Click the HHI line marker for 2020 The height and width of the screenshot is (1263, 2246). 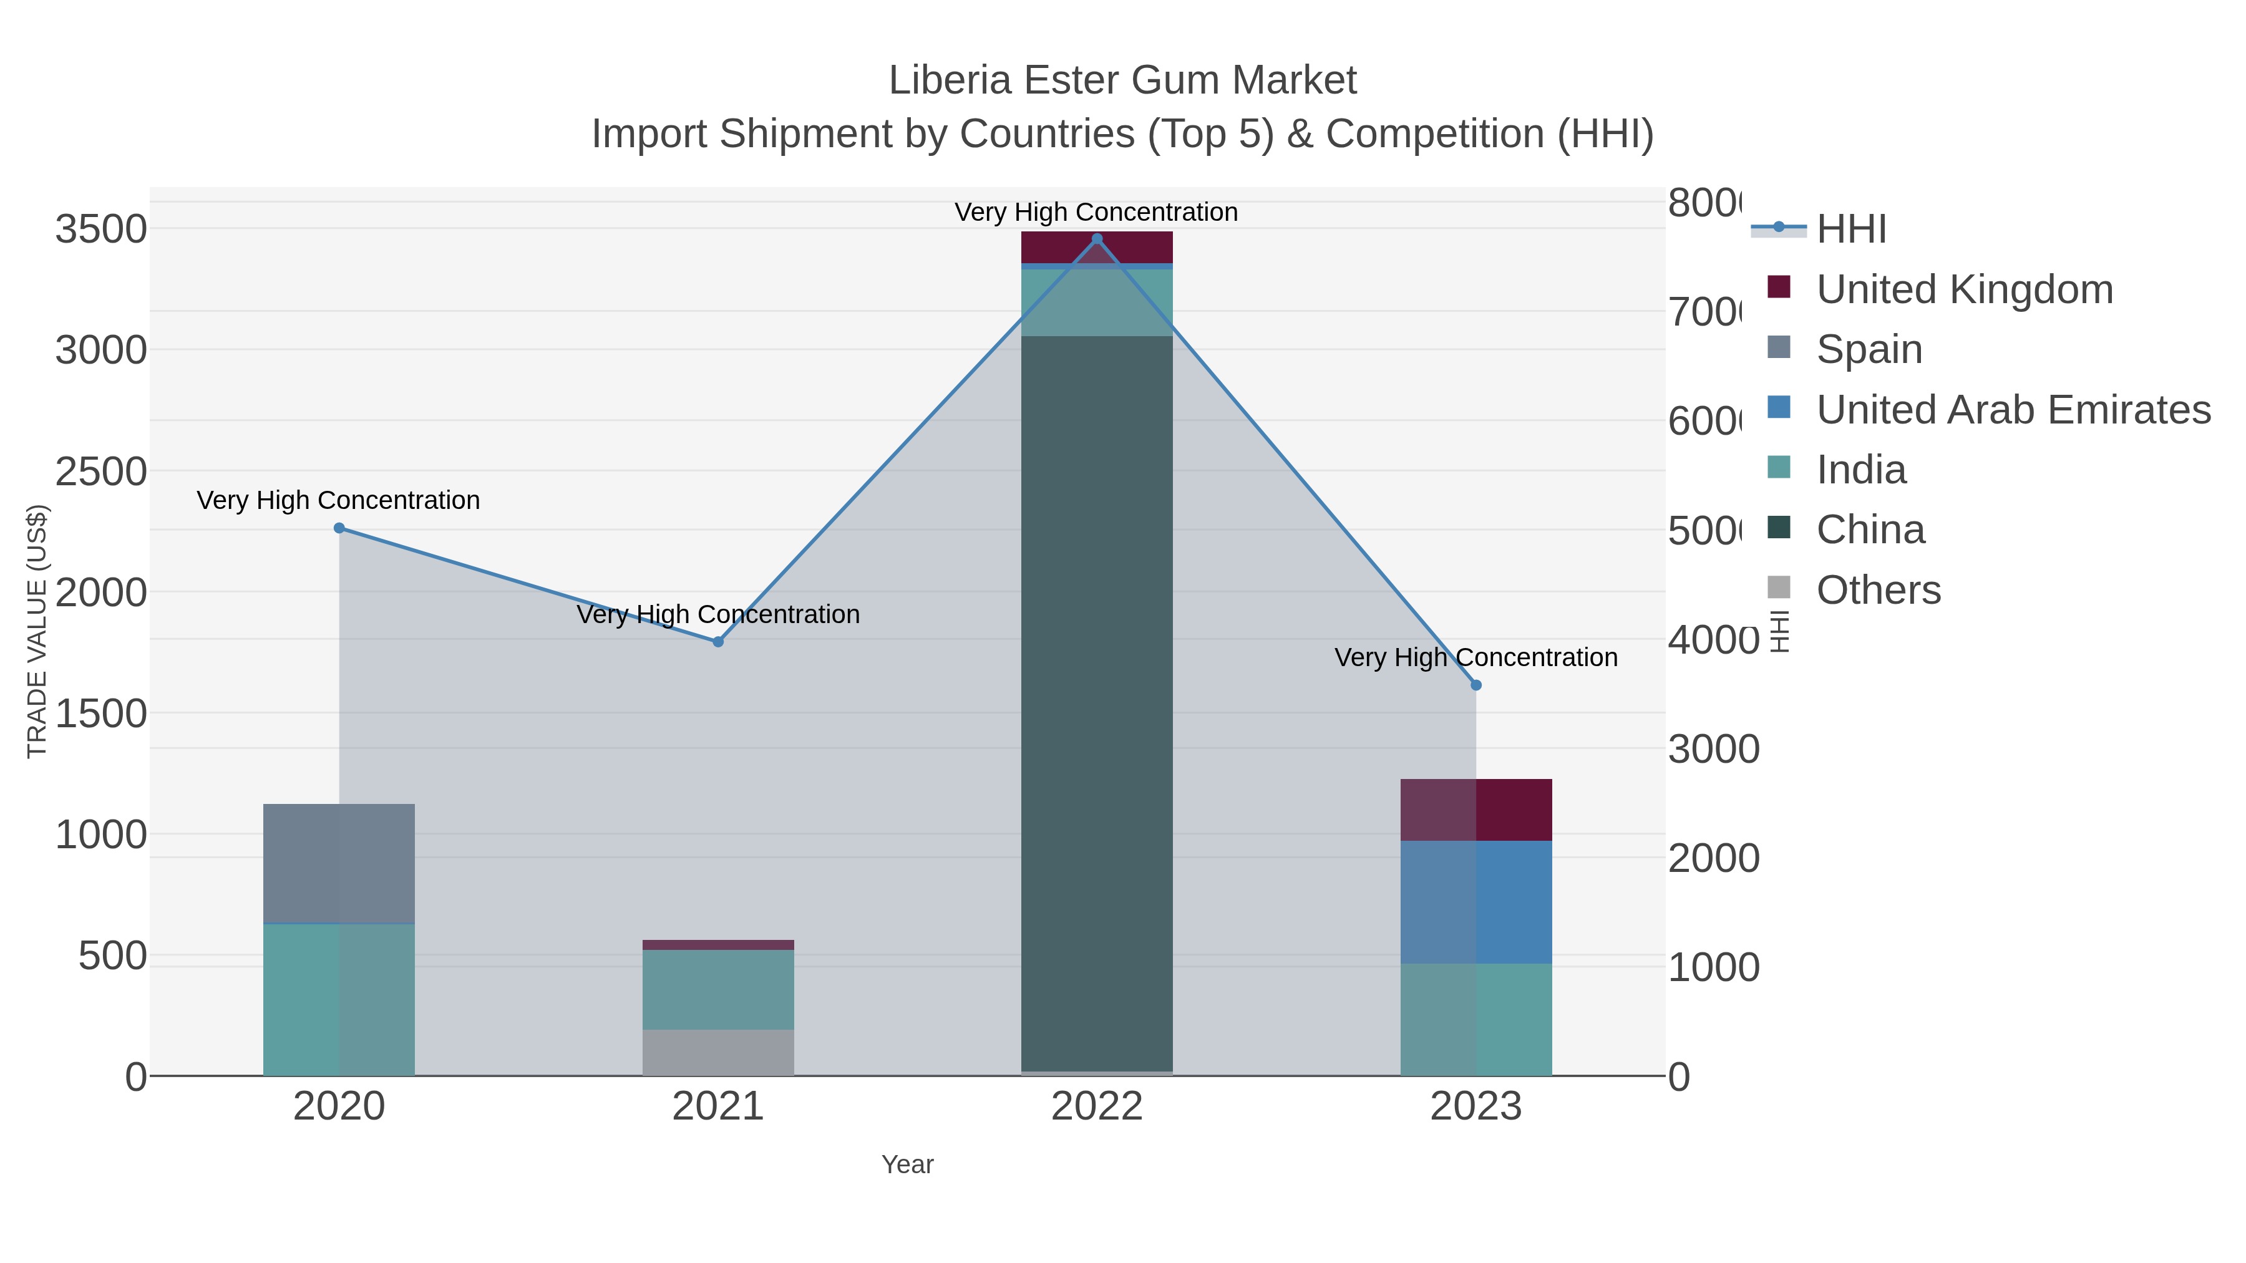339,528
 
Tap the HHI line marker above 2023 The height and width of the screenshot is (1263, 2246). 1475,685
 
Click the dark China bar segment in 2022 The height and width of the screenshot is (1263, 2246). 1096,697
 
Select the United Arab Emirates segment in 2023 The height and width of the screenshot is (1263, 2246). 1475,901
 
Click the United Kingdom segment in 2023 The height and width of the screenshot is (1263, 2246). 1475,809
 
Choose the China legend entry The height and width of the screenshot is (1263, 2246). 1870,530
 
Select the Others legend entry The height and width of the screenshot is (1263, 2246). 1878,590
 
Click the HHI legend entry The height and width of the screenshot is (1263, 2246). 1850,230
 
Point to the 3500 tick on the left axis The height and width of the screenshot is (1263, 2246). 101,230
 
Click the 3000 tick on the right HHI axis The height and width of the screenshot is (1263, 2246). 1713,750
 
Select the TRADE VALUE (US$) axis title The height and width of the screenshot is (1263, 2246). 37,631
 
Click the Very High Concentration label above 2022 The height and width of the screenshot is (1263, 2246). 1096,212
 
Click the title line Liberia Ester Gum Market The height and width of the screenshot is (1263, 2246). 1122,80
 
